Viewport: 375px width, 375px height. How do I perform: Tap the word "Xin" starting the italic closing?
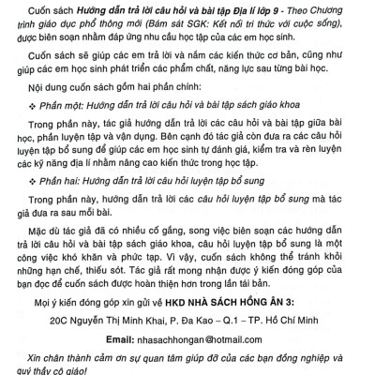[37, 357]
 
